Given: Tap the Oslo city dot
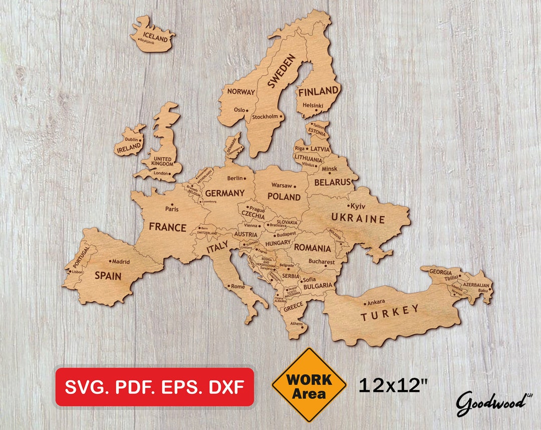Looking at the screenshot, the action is [247, 110].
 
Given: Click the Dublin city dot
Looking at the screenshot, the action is [140, 140].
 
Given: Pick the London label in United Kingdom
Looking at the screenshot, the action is [161, 173].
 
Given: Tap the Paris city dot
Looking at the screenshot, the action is [172, 204].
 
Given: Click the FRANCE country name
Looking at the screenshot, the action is [167, 227].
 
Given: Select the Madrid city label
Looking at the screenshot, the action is [121, 261].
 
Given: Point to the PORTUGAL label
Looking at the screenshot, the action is [81, 257].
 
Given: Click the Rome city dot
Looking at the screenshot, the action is [229, 286].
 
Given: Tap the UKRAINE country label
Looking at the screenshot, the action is [358, 219].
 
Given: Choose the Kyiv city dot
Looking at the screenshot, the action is [349, 205].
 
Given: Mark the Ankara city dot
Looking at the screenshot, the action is [365, 303].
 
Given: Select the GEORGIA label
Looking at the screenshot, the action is [440, 272].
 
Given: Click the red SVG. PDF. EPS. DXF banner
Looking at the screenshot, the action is [154, 386].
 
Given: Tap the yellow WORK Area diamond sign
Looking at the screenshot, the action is [309, 385].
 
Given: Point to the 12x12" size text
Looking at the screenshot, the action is [393, 385].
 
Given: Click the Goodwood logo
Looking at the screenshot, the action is [490, 401].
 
